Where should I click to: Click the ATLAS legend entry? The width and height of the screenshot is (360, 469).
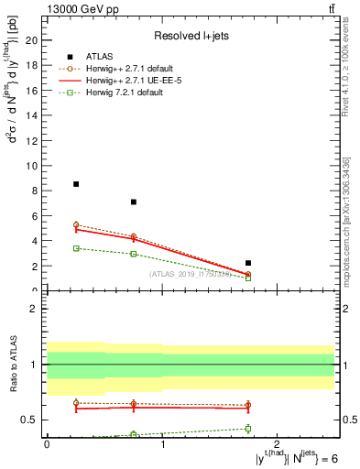click(x=101, y=57)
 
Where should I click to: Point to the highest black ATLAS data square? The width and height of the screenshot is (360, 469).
click(x=76, y=184)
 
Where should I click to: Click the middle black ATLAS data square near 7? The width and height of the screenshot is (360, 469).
click(x=134, y=202)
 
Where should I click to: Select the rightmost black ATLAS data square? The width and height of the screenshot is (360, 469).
click(x=248, y=263)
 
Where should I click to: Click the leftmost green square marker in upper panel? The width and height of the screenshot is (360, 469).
click(x=76, y=248)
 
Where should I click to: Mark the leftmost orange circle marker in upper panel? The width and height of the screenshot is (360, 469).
click(x=76, y=224)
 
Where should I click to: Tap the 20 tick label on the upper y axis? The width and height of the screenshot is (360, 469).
click(x=32, y=40)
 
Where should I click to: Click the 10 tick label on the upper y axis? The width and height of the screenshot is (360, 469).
click(x=32, y=166)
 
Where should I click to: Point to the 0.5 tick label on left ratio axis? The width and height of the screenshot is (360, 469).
click(x=30, y=420)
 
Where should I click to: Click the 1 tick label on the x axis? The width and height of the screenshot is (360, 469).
click(x=162, y=443)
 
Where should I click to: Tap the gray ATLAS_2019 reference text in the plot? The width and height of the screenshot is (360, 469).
click(x=189, y=274)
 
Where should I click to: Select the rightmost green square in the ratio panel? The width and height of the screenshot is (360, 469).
click(x=248, y=429)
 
